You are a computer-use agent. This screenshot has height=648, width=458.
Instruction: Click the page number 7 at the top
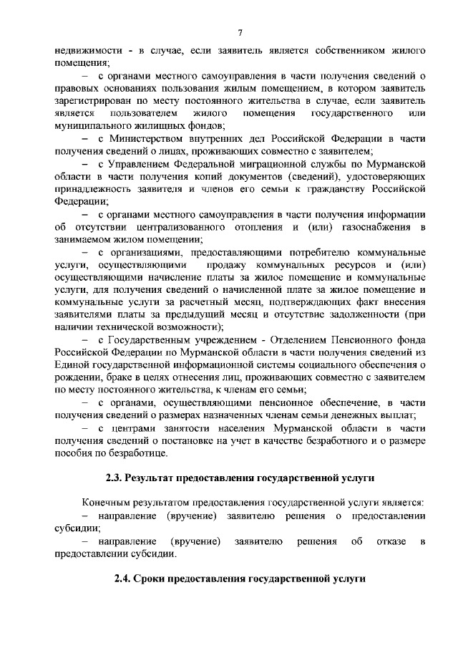tap(240, 31)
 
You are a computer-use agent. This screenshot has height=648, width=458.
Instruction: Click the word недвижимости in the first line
tap(85, 52)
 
